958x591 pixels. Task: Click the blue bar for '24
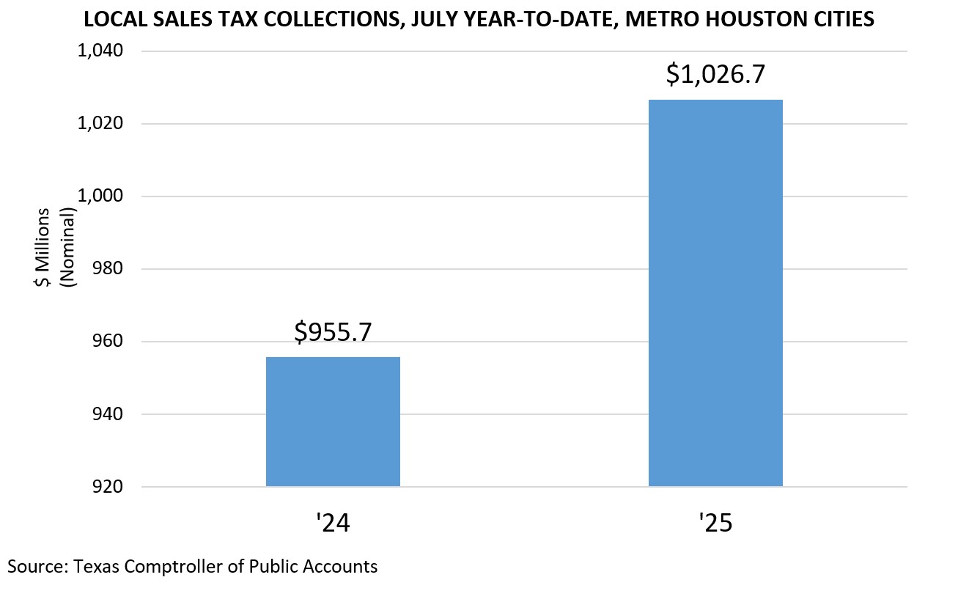[x=333, y=422]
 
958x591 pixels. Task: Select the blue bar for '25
[x=715, y=293]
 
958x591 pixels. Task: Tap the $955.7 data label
[x=333, y=332]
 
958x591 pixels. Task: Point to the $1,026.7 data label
[x=715, y=75]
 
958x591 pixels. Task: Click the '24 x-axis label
[x=333, y=524]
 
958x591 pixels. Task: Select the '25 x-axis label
[x=715, y=524]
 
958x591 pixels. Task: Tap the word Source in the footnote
[x=32, y=566]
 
